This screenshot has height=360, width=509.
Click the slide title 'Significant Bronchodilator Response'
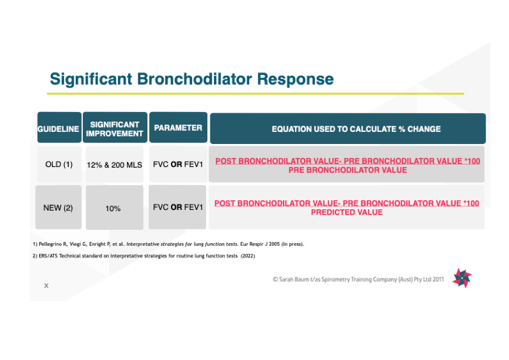coord(192,79)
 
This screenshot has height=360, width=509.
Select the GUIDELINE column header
coord(59,129)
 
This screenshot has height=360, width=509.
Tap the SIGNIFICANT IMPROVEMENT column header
coord(114,129)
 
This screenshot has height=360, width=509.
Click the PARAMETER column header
coord(178,128)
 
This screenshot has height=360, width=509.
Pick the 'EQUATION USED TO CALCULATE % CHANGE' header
coord(347,129)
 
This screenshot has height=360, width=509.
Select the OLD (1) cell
coord(59,165)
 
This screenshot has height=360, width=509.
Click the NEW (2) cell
coord(58,208)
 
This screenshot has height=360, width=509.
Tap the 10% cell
coord(113,208)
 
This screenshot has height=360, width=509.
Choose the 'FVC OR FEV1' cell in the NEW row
coord(178,207)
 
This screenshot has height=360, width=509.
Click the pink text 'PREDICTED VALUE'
coord(346,212)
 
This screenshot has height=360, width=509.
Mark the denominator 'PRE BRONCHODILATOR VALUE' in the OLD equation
coord(347,170)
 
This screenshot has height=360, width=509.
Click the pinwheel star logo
coord(462,278)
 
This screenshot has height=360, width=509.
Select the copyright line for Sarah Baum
coord(359,280)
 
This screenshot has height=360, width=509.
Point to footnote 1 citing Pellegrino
coord(169,244)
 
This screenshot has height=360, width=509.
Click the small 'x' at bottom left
coord(46,286)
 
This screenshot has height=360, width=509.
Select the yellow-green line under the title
coord(255,94)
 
